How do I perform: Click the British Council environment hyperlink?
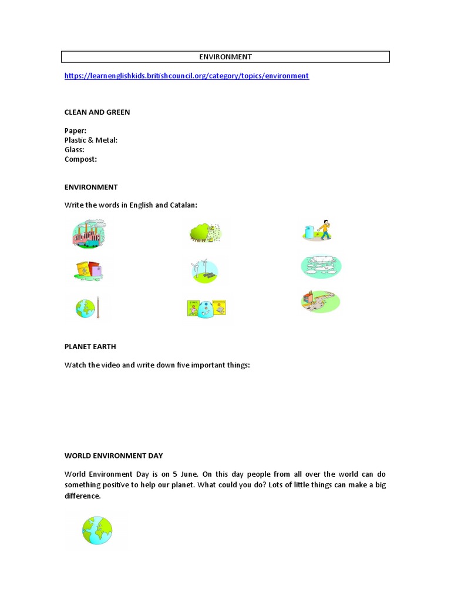tap(186, 76)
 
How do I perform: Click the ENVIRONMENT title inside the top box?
tap(225, 57)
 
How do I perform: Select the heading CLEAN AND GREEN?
tap(97, 112)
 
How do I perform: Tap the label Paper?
tap(75, 131)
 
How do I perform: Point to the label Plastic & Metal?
tap(91, 140)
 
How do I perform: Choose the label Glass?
tap(75, 149)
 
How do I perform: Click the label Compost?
tap(80, 159)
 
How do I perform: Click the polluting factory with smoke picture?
tap(89, 233)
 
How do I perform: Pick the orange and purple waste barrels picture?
tap(89, 270)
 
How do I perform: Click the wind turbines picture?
tap(203, 270)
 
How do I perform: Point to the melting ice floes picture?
tap(320, 266)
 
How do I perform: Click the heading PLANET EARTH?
tap(94, 347)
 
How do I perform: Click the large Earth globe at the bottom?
tap(97, 530)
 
